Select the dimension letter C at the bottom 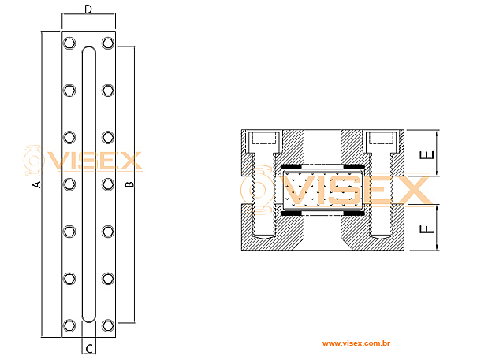(89, 347)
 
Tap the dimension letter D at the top (88, 9)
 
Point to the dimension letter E (427, 154)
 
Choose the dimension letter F (427, 229)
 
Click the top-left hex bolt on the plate (69, 43)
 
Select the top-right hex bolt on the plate (108, 43)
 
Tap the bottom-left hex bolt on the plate (69, 325)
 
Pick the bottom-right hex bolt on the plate (108, 325)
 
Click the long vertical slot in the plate (89, 184)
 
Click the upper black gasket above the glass (322, 166)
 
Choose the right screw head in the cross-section (382, 143)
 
